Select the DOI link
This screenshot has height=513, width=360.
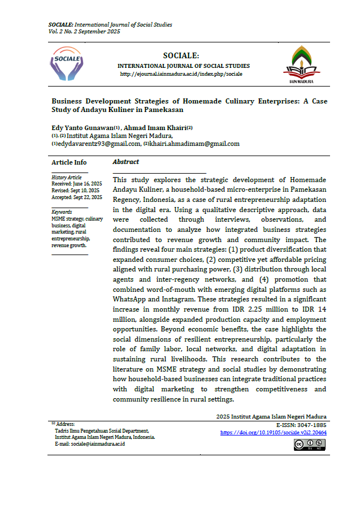click(273, 433)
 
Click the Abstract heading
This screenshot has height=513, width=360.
click(125, 162)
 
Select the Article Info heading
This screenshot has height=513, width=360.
click(69, 162)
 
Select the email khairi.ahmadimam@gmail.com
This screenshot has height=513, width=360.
click(194, 144)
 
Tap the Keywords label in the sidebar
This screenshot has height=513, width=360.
click(62, 212)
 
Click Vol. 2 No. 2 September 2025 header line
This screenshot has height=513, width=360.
click(84, 32)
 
